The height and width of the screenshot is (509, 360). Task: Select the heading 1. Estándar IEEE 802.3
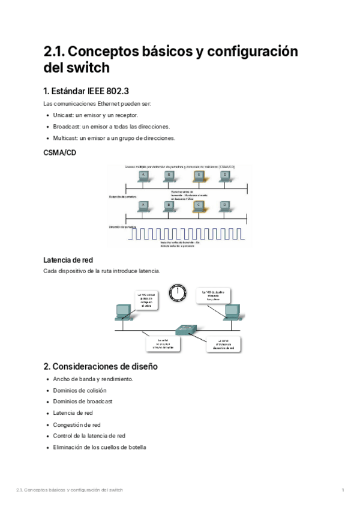coord(86,92)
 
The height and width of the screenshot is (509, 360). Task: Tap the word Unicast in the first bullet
coord(63,115)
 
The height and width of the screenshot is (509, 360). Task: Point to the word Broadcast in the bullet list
coord(66,126)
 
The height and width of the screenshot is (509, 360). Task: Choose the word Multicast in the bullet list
coord(65,137)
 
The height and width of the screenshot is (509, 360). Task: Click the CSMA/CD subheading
coord(59,153)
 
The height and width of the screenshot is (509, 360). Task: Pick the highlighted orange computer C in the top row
coord(197,176)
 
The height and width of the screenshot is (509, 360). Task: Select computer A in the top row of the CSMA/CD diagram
coord(143,176)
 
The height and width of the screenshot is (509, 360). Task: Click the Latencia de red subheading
coord(68,260)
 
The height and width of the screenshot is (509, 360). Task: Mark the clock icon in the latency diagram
coord(178,292)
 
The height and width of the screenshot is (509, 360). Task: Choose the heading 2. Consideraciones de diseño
coord(100,366)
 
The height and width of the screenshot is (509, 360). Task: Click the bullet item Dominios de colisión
coord(80,390)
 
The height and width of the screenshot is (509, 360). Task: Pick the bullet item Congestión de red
coord(77,424)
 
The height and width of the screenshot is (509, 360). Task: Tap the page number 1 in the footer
coord(342,490)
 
